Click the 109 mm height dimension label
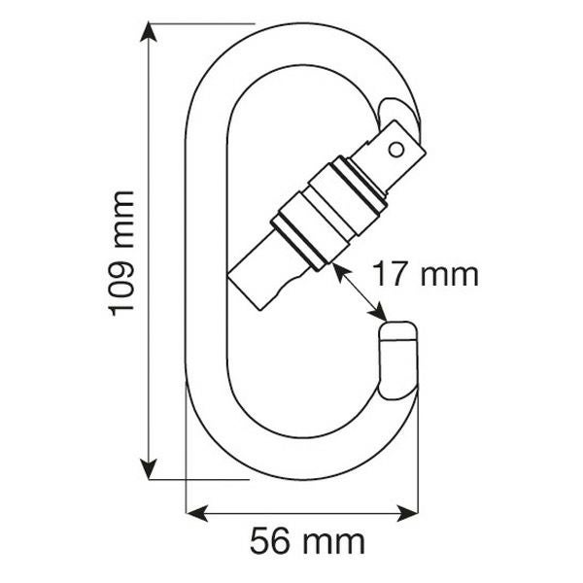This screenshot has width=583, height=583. tap(120, 254)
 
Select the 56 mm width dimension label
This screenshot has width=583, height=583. tap(307, 541)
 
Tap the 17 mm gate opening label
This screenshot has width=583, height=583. tap(426, 274)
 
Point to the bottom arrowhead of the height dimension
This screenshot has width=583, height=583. tap(149, 469)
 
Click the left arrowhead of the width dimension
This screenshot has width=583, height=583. tap(196, 513)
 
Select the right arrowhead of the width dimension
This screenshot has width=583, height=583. tap(407, 513)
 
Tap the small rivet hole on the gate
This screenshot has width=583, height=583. tap(396, 150)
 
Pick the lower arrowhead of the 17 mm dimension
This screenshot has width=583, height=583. tap(378, 312)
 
